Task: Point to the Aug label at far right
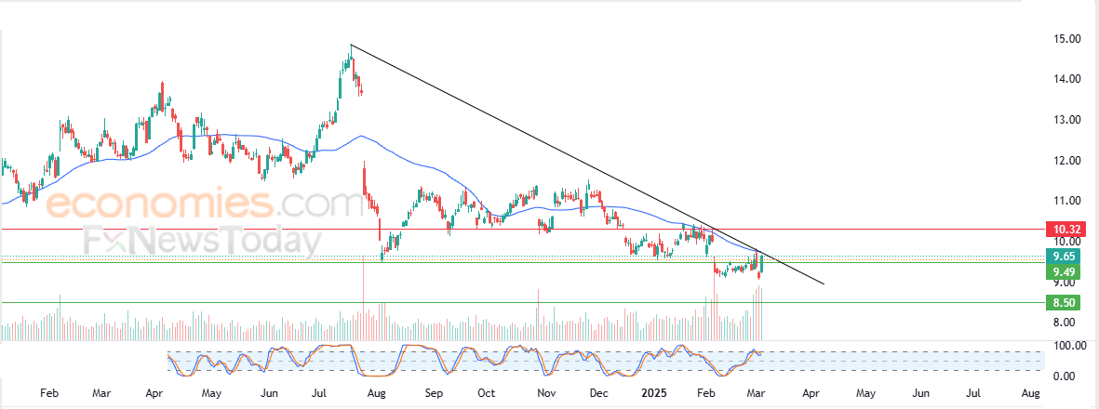tap(1030, 393)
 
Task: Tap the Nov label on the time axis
tap(547, 393)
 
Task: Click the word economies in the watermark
tap(157, 204)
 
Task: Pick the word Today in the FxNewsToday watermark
tap(270, 241)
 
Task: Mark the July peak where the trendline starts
tap(350, 45)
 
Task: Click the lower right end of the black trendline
tap(824, 284)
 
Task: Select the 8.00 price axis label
tap(1065, 323)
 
